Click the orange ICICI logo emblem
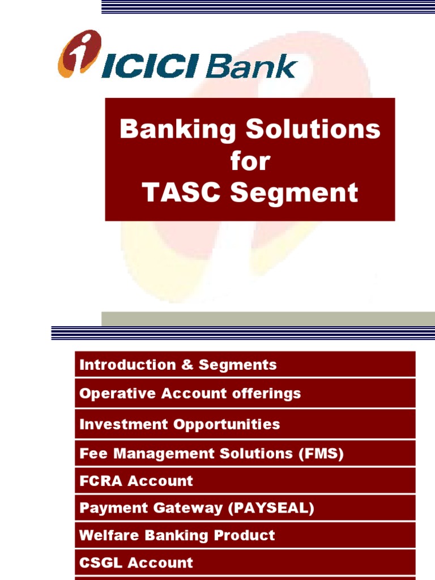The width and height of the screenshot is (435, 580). [79, 53]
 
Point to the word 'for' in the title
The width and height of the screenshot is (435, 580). [250, 161]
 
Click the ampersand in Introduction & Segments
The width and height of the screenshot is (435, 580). [187, 365]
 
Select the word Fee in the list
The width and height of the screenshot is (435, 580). [90, 454]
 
